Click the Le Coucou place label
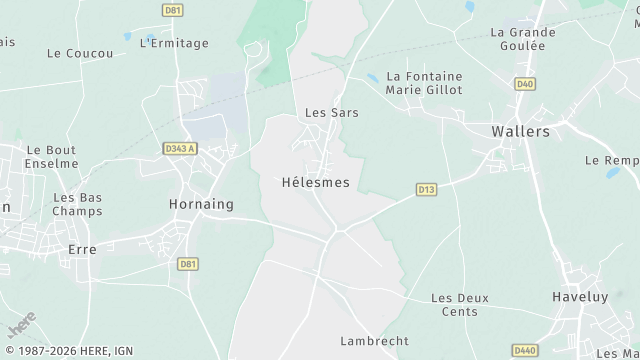click(80, 53)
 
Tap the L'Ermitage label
click(174, 43)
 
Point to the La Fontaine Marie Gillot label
click(424, 82)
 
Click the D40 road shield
click(524, 84)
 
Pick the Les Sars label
click(331, 113)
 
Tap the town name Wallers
click(521, 131)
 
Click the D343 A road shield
click(180, 149)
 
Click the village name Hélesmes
click(316, 183)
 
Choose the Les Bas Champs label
click(77, 205)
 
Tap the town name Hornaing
click(201, 204)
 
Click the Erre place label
click(81, 249)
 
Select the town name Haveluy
click(579, 297)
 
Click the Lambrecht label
click(375, 341)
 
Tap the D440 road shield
click(524, 350)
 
